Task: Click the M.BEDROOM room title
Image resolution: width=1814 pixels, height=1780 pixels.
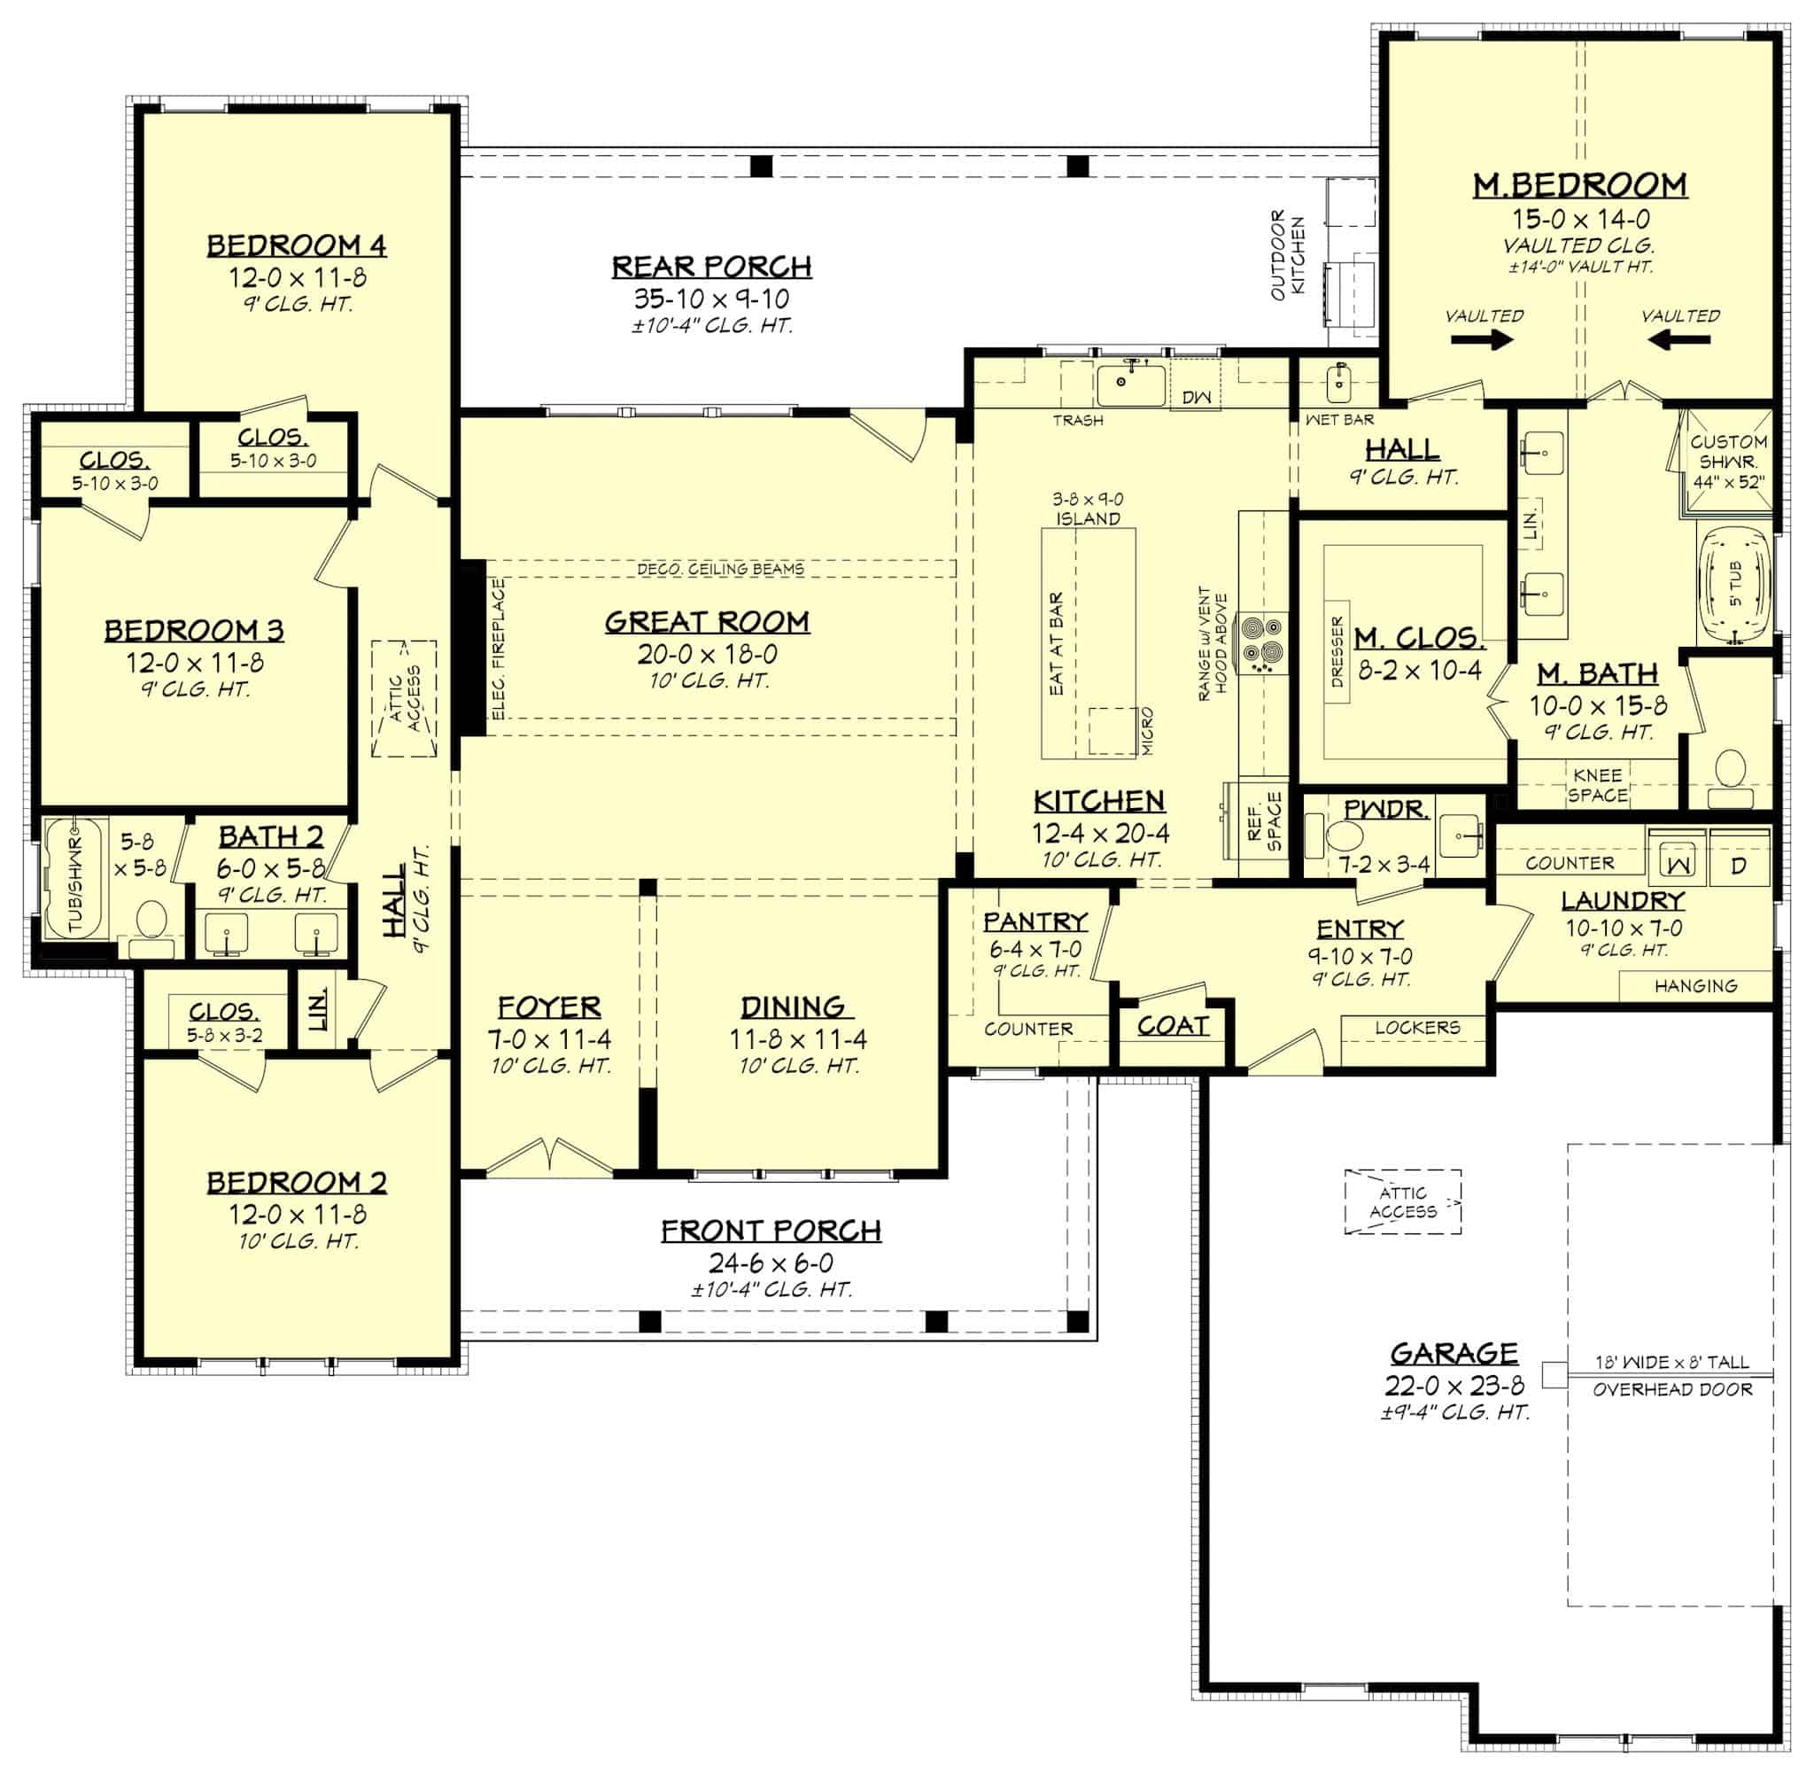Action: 1579,185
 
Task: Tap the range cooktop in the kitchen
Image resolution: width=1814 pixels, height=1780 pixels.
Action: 1261,642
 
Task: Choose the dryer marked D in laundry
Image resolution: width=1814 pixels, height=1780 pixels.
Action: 1739,865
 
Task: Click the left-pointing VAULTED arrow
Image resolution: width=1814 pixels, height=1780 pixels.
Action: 1678,339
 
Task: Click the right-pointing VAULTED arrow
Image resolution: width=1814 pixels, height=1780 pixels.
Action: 1482,339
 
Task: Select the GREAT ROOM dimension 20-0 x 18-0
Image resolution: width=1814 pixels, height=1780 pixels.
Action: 708,654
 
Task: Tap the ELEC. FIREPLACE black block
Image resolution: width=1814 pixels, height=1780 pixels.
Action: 472,647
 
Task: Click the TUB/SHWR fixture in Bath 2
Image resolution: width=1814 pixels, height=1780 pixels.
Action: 74,879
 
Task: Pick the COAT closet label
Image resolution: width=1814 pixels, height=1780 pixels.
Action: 1173,1025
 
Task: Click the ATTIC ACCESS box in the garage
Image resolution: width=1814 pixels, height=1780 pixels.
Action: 1402,1202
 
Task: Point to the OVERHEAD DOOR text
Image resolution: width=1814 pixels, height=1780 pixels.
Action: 1672,1389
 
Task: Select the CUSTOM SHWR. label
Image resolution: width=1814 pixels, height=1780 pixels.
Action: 1728,452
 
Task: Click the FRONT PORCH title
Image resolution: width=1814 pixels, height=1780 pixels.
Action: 771,1231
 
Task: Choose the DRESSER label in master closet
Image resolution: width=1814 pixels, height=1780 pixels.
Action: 1337,651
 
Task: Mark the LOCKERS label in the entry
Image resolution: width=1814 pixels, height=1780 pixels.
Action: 1417,1028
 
